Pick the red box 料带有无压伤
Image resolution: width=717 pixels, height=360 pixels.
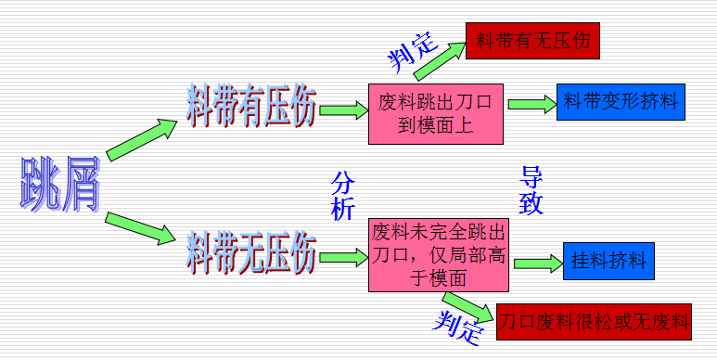pyautogui.click(x=533, y=42)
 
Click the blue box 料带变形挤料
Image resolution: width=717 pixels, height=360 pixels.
pyautogui.click(x=620, y=100)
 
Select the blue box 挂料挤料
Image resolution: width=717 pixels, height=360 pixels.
pyautogui.click(x=608, y=260)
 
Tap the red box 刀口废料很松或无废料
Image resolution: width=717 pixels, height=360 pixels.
pyautogui.click(x=595, y=323)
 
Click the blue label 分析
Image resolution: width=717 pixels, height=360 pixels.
pyautogui.click(x=342, y=194)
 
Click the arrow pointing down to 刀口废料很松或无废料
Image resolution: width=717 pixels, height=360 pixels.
pyautogui.click(x=467, y=305)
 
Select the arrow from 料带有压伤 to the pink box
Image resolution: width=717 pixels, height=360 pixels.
pyautogui.click(x=343, y=110)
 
